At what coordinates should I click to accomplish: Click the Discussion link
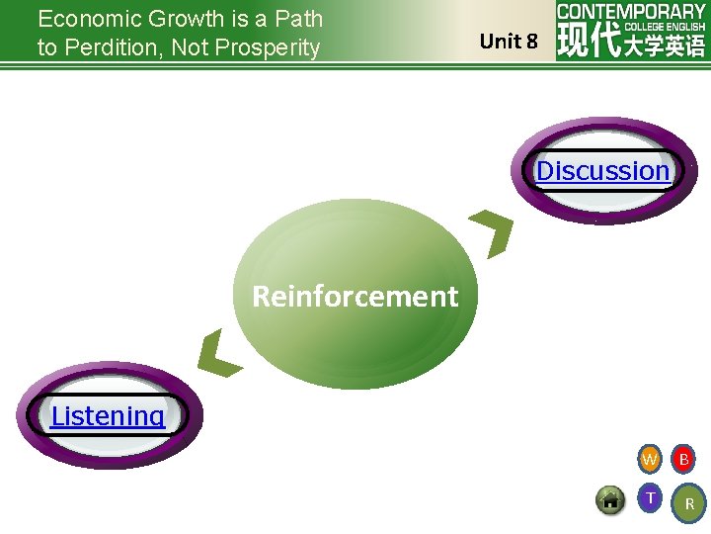coord(602,171)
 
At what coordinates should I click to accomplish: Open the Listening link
coord(108,415)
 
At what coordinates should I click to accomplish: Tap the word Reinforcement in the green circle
coord(355,297)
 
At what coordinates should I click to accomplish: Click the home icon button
coord(610,499)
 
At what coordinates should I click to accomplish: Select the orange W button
coord(649,460)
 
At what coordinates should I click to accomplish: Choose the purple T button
coord(649,497)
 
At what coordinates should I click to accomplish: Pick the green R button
coord(688,503)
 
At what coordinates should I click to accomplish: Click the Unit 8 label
coord(509,42)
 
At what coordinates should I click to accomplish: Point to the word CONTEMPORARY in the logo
coord(631,12)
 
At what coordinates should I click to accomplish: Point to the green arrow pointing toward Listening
coord(219,353)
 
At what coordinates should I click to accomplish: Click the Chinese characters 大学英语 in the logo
coord(665,44)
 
